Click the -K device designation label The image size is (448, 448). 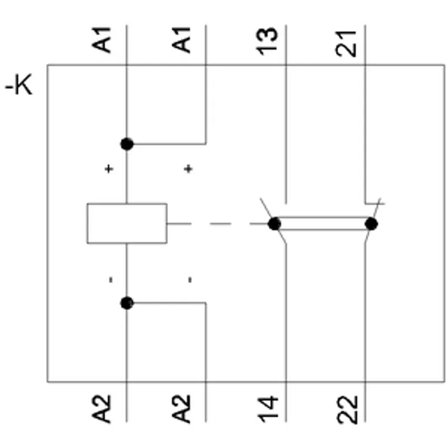pos(19,85)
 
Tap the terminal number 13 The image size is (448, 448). pos(267,41)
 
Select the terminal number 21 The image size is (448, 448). pos(346,44)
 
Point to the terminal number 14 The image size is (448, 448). pos(268,409)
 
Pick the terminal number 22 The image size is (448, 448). pos(347,409)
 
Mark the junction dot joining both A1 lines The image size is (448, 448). pos(127,144)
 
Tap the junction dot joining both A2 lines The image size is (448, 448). pos(127,303)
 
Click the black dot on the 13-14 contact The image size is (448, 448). pos(274,223)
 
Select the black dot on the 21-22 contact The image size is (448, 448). pos(371,223)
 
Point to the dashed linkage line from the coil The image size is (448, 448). pos(217,223)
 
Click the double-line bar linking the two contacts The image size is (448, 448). pos(323,223)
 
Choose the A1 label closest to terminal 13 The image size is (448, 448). pos(181,40)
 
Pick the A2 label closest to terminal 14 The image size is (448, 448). pos(181,409)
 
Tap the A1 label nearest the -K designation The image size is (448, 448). pos(101,40)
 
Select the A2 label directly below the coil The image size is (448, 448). pos(101,409)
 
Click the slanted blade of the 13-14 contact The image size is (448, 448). pos(273,221)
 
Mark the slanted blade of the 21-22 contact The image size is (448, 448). pos(372,220)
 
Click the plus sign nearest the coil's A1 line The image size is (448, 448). pos(109,169)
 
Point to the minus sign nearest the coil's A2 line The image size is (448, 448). pos(111,279)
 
